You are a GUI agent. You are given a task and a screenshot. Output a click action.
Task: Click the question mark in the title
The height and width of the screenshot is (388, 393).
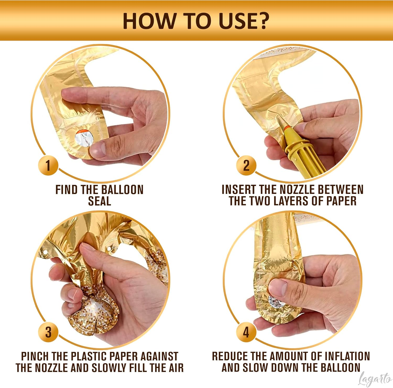[261, 21]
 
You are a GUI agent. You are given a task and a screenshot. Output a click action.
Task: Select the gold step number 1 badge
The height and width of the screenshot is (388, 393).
[48, 165]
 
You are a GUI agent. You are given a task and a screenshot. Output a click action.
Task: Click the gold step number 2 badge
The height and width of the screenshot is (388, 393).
[246, 165]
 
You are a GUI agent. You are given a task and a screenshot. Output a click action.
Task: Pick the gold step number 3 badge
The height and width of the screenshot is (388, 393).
[48, 332]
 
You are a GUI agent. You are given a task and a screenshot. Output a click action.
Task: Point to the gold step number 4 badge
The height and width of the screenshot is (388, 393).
[246, 332]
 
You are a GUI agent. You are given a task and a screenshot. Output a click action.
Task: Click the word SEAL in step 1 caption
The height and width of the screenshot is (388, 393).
[100, 201]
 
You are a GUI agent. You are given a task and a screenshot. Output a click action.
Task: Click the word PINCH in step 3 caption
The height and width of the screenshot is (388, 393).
[35, 356]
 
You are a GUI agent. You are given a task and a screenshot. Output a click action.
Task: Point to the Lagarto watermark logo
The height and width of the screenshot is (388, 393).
[375, 379]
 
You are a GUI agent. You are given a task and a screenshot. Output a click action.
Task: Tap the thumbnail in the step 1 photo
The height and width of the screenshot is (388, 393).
[99, 148]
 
